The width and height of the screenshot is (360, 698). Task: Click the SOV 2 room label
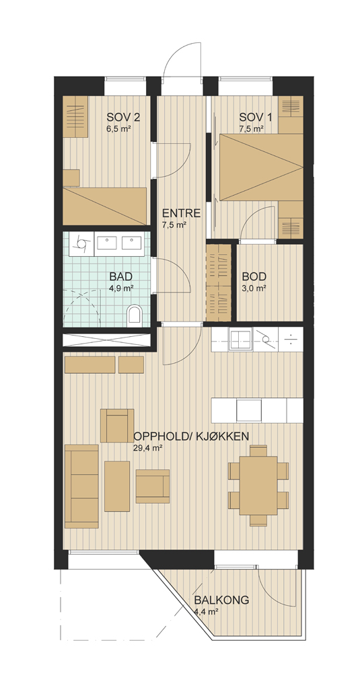click(x=123, y=118)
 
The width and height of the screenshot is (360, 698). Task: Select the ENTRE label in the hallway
click(x=181, y=212)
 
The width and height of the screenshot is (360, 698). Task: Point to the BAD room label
click(x=121, y=276)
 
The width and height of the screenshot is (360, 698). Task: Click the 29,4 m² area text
click(x=147, y=449)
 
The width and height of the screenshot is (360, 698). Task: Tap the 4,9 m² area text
click(x=122, y=288)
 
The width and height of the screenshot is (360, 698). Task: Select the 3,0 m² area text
click(x=254, y=288)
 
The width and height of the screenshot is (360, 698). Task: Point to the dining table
click(x=258, y=486)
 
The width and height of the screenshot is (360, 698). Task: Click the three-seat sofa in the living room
click(x=81, y=486)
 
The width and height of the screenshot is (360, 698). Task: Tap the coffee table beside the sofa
click(x=117, y=486)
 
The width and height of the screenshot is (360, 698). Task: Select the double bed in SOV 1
click(x=262, y=167)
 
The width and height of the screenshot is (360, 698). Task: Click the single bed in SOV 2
click(x=105, y=206)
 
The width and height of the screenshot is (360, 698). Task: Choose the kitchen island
click(x=257, y=410)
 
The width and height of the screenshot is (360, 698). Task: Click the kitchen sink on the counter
click(x=241, y=339)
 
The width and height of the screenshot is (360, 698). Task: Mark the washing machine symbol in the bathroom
click(x=82, y=243)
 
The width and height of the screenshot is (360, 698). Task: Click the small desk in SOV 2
click(x=71, y=178)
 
